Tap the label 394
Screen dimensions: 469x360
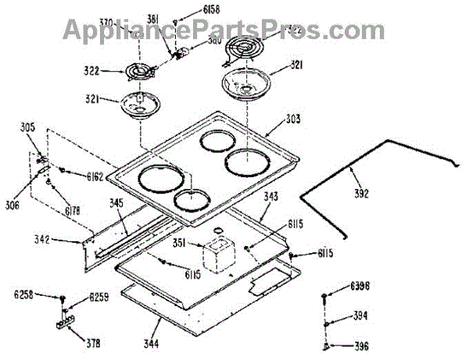click(358, 316)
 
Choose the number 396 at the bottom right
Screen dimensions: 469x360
click(358, 345)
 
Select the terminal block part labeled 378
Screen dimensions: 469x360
click(66, 323)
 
